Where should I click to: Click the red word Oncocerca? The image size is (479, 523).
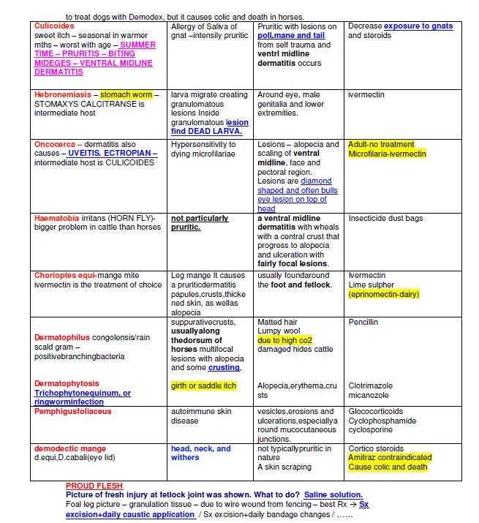tap(55, 144)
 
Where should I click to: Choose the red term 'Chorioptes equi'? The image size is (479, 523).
tap(65, 275)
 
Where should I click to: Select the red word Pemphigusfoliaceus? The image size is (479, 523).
tap(73, 411)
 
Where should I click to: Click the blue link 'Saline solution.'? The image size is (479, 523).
tap(333, 494)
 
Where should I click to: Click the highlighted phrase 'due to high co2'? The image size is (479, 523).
tap(284, 340)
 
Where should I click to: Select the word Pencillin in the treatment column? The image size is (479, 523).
tap(364, 322)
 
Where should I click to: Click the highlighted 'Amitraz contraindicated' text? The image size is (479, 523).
tap(390, 457)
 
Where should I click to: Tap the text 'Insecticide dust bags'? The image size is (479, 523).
tap(385, 218)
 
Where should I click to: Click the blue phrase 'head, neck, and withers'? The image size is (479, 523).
tap(200, 453)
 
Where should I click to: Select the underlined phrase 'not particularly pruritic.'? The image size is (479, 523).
tap(200, 222)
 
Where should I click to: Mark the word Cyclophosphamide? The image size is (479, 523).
tap(382, 421)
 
